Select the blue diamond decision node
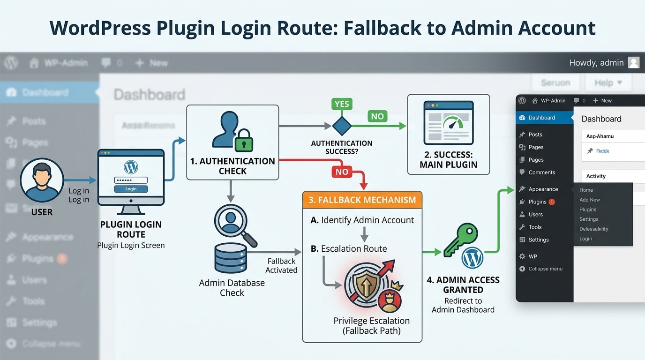pyautogui.click(x=342, y=126)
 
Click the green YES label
pyautogui.click(x=342, y=104)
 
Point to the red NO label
pyautogui.click(x=342, y=172)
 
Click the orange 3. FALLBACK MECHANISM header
pyautogui.click(x=362, y=200)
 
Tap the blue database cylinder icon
pyautogui.click(x=231, y=259)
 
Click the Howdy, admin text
pyautogui.click(x=596, y=63)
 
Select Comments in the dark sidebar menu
pyautogui.click(x=541, y=172)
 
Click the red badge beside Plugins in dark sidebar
pyautogui.click(x=552, y=202)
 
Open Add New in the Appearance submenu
pyautogui.click(x=589, y=200)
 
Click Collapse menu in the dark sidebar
pyautogui.click(x=545, y=269)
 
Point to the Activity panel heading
pyautogui.click(x=596, y=176)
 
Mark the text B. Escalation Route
pyautogui.click(x=349, y=249)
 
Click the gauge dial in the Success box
pyautogui.click(x=452, y=124)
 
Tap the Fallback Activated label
pyautogui.click(x=281, y=265)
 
